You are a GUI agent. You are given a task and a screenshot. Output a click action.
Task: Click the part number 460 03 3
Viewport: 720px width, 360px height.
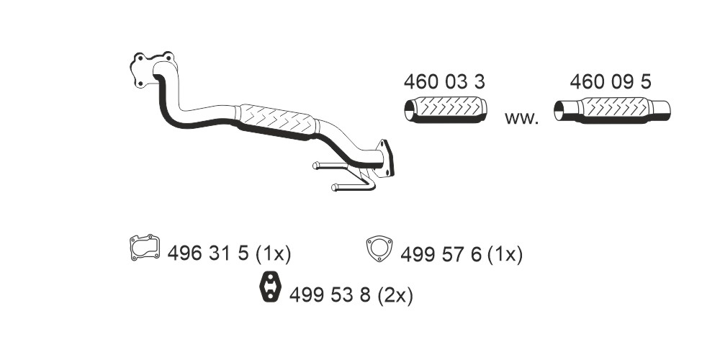point(444,82)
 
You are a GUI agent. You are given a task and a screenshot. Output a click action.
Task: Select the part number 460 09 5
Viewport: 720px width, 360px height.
point(611,82)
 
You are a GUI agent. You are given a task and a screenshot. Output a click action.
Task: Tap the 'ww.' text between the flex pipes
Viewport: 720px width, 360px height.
point(521,119)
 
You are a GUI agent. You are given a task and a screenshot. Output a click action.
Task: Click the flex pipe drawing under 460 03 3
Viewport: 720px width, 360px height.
point(446,109)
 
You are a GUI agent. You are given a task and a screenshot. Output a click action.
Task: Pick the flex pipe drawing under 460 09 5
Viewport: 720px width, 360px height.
point(612,110)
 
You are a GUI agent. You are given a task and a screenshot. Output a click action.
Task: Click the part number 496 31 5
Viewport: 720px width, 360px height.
point(207,253)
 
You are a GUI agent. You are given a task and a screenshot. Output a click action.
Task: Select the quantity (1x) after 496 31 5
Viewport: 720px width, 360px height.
point(273,253)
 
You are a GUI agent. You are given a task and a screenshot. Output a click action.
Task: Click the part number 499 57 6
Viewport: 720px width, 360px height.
point(441,254)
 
